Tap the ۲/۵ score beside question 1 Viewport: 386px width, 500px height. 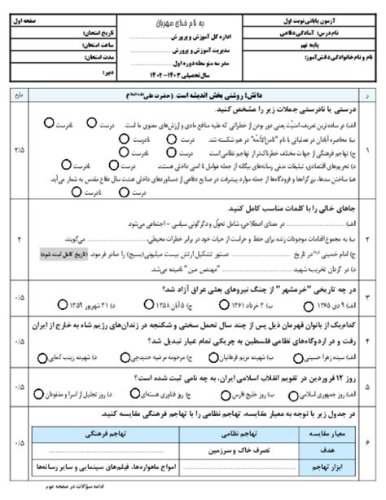20,151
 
